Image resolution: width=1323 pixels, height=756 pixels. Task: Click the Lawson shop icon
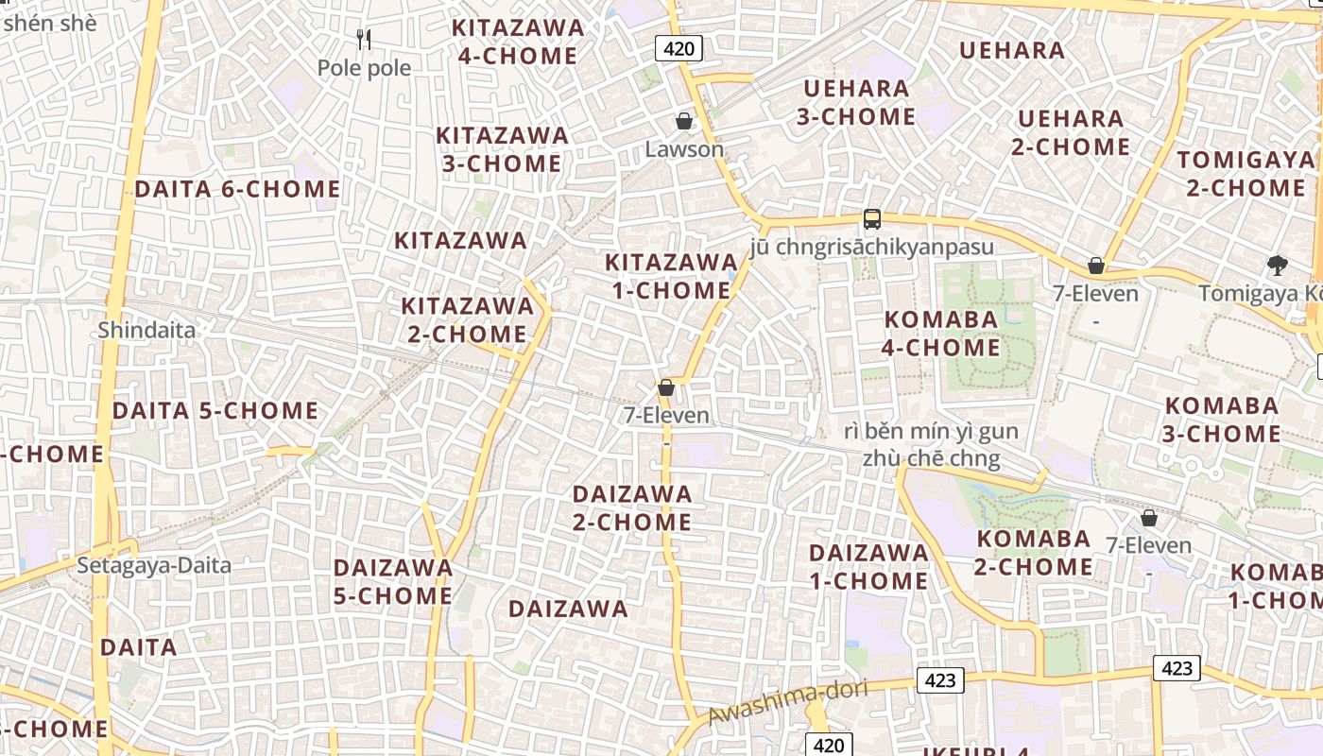coord(683,121)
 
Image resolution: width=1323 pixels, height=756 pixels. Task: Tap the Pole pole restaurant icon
coord(364,39)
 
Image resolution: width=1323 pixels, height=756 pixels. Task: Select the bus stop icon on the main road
coord(871,219)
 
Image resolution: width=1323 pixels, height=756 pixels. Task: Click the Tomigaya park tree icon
coord(1278,265)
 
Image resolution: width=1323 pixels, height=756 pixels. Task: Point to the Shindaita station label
coord(146,330)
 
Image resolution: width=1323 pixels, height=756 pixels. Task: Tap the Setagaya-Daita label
coord(154,565)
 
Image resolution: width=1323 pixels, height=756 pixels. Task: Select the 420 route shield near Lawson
coord(679,48)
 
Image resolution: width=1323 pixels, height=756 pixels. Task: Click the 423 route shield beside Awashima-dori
coord(939,679)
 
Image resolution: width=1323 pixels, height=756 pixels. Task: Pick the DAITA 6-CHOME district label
coord(237,189)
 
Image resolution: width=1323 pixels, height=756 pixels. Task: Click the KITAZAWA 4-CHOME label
coord(518,42)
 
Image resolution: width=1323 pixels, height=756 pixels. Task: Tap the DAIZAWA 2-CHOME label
coord(632,507)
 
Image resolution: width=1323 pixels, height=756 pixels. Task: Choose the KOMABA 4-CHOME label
coord(941,334)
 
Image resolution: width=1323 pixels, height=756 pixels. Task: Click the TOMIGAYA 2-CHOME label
coord(1245,173)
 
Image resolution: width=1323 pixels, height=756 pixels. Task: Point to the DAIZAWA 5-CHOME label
coord(393,581)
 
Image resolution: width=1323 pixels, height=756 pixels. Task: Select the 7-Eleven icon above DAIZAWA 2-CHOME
coord(666,387)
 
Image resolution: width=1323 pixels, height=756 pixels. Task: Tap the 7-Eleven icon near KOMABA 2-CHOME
coord(1149,518)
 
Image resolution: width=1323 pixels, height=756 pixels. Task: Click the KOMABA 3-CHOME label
coord(1221,420)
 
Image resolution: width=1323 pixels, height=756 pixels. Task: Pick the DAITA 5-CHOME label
coord(215,411)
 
